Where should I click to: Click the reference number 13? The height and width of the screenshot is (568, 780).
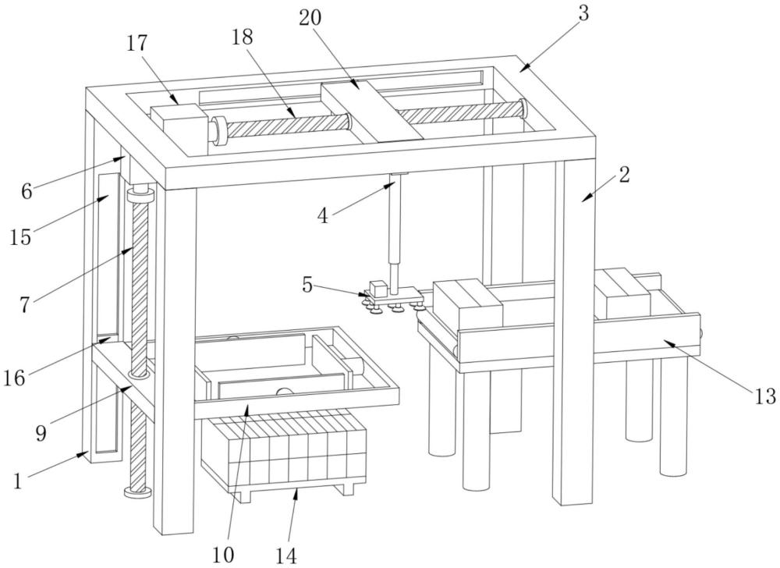click(x=764, y=396)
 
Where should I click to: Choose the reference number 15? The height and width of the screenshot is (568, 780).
click(x=21, y=236)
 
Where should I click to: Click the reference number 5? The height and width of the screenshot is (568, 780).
click(x=308, y=285)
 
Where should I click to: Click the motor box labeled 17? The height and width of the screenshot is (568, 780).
click(x=178, y=126)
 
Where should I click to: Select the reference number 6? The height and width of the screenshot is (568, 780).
click(x=27, y=190)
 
